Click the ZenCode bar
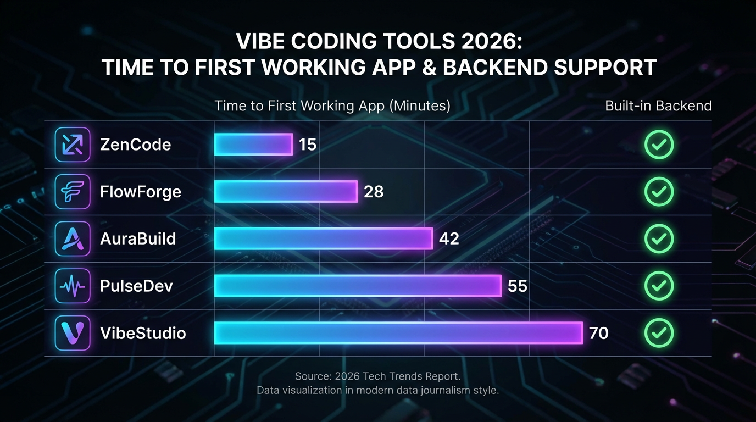[253, 145]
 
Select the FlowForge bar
[286, 192]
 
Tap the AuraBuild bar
[323, 238]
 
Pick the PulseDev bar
[358, 286]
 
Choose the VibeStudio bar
[398, 333]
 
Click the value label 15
[308, 145]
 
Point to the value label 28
[374, 192]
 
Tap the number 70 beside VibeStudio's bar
[598, 333]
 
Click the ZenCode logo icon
[73, 145]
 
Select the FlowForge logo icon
[73, 192]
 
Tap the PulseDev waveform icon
[73, 286]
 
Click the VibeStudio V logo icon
[73, 333]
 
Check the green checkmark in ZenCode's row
[659, 145]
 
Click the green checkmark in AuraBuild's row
[659, 238]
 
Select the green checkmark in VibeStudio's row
[659, 333]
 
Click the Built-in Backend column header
[658, 105]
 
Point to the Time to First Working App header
[332, 105]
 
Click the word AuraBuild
[138, 238]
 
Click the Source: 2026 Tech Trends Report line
[377, 376]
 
